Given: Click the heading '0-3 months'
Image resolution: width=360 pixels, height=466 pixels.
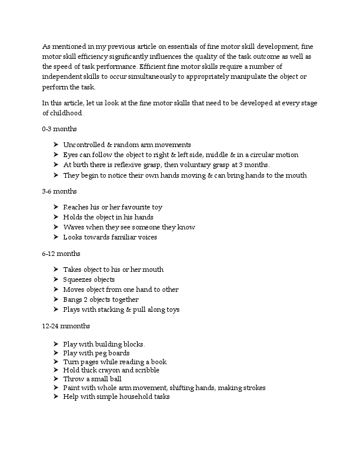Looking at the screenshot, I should [x=59, y=128].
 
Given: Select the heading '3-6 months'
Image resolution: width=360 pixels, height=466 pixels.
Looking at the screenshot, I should [x=59, y=191].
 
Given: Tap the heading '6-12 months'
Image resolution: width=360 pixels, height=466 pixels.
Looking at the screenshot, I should [x=61, y=254].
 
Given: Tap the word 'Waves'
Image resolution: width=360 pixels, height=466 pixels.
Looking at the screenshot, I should [x=74, y=227].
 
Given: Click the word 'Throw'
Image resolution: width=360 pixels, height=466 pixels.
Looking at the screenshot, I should [x=74, y=379].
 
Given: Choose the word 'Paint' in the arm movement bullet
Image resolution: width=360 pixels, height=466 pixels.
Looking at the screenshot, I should [x=72, y=388].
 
